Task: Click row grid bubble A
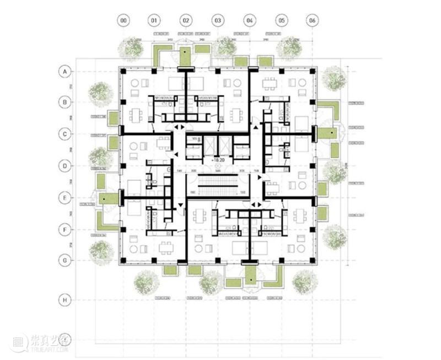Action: [65, 71]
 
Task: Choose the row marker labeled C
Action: [65, 134]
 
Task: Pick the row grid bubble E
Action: [65, 197]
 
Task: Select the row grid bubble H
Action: [65, 300]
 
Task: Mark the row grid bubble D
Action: [65, 165]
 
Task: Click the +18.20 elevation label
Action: [218, 160]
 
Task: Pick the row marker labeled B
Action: [65, 103]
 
